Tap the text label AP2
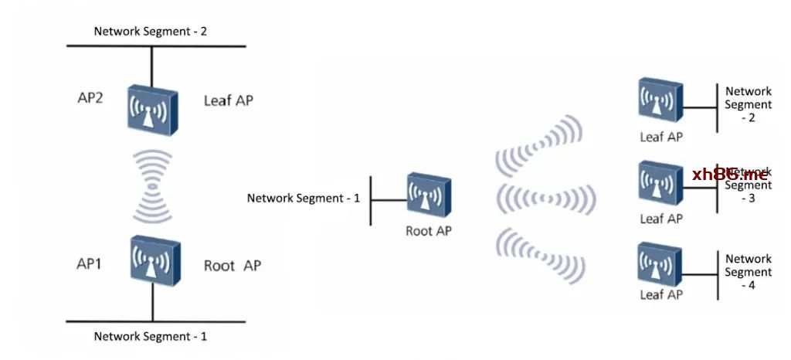coord(90,98)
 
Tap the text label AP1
coord(89,264)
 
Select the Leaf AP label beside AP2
coord(229,100)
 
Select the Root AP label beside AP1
coord(232,266)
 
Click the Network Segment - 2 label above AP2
coord(151,32)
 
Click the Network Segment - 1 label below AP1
coord(151,337)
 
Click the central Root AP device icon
coord(429,196)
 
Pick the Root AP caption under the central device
coord(429,230)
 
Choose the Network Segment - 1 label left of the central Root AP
coord(304,199)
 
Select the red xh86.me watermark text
coord(730,175)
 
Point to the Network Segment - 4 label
coord(749,272)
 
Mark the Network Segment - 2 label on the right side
coord(749,104)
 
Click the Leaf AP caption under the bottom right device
coord(661,295)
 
